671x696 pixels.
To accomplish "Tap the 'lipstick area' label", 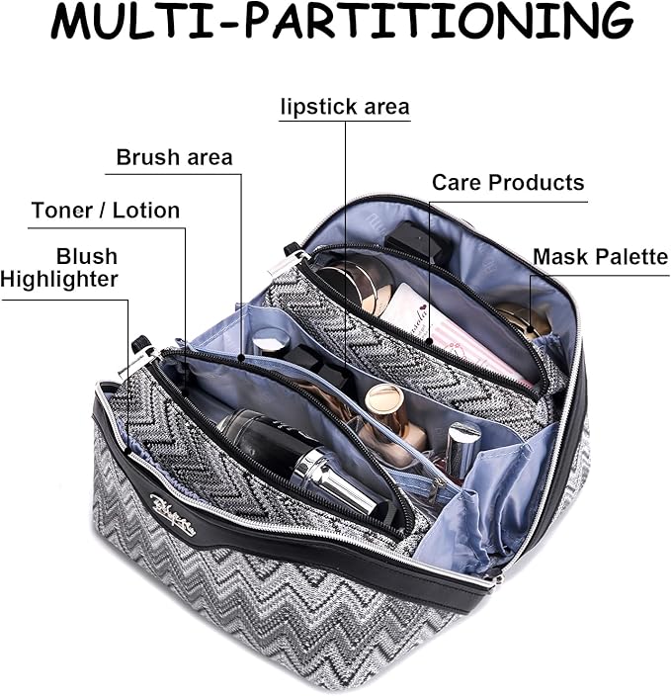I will [344, 106].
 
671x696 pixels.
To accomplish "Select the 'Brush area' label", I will [174, 157].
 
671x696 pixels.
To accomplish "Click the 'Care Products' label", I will [508, 183].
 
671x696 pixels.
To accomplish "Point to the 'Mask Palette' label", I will [600, 257].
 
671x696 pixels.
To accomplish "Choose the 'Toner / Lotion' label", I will [105, 211].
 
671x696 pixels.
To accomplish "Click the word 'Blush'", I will [86, 257].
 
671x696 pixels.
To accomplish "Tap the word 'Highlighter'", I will [59, 280].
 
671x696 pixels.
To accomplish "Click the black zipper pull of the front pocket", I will [141, 347].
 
